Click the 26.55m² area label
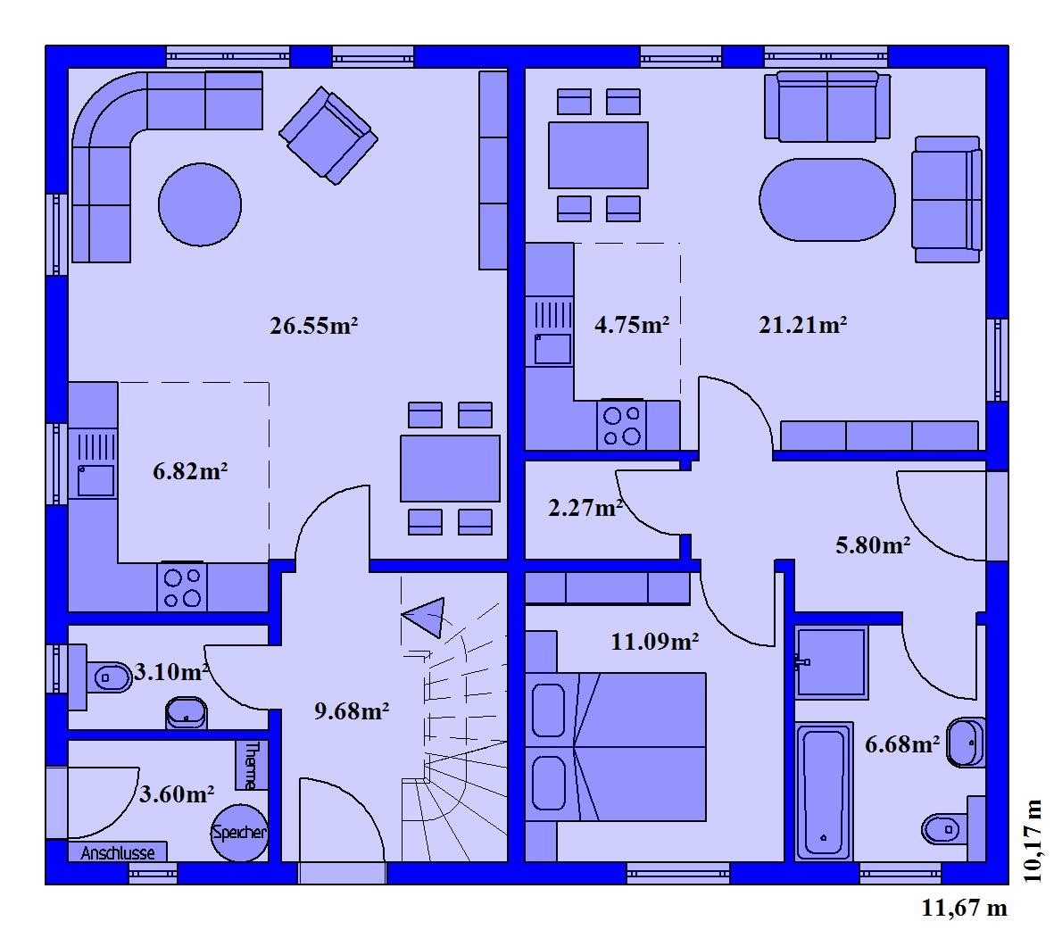pos(313,326)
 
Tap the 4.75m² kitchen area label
pos(632,325)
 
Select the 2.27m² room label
pos(585,507)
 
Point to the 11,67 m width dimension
pos(964,908)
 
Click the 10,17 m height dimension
pos(1032,841)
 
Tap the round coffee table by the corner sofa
pos(200,204)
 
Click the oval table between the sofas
pos(826,199)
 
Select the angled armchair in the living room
pos(328,135)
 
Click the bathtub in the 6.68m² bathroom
pos(824,792)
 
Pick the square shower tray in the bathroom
pos(832,662)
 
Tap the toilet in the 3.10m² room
pos(109,677)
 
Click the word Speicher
pos(239,833)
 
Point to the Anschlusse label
pos(118,852)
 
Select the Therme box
pos(252,765)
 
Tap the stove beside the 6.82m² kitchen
pos(182,587)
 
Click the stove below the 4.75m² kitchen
pos(621,425)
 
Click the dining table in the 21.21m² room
pos(598,154)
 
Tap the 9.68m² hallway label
pos(352,710)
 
